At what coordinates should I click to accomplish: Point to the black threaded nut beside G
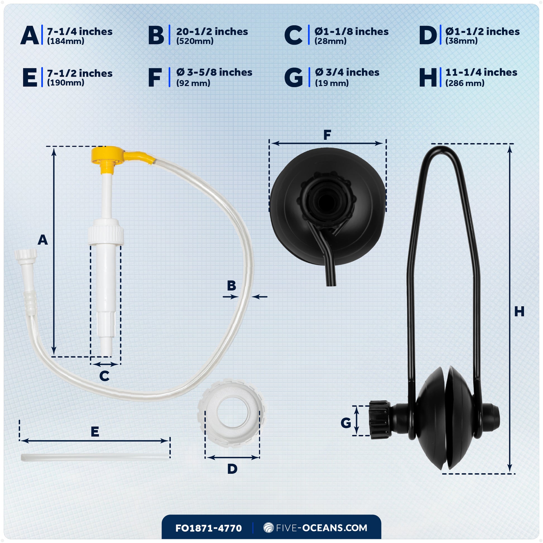click(x=380, y=420)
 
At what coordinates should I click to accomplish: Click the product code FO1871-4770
click(x=208, y=528)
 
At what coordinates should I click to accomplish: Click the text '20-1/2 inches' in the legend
click(x=212, y=32)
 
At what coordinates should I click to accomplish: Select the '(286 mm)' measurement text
click(x=465, y=83)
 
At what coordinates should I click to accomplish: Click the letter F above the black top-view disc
click(x=327, y=135)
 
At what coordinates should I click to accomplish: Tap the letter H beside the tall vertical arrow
click(x=519, y=311)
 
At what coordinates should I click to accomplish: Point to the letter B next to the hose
click(x=231, y=285)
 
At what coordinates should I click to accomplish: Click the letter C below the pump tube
click(x=104, y=376)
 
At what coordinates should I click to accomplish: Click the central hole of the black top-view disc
click(x=326, y=200)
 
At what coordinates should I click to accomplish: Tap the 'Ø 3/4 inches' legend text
click(x=347, y=73)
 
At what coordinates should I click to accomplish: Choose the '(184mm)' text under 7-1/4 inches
click(x=66, y=41)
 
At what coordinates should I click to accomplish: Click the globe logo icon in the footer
click(x=269, y=528)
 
